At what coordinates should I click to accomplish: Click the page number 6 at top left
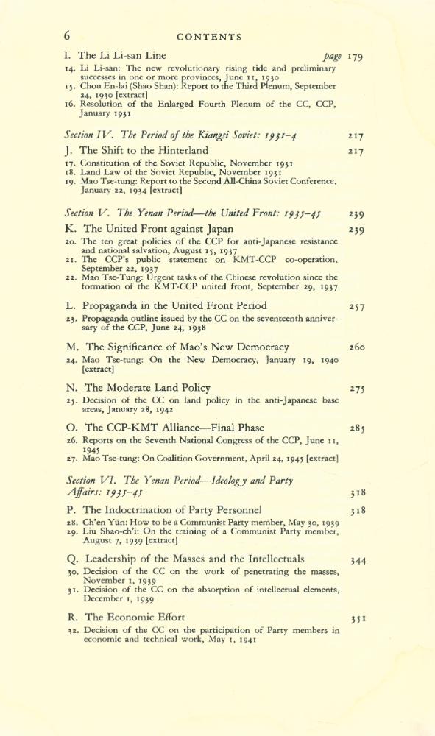(66, 35)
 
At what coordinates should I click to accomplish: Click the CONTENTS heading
(209, 36)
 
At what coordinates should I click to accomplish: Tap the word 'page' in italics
(332, 57)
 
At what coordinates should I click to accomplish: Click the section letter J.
(68, 151)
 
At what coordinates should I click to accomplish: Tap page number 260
(357, 347)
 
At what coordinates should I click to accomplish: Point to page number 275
(357, 389)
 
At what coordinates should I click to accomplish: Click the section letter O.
(69, 427)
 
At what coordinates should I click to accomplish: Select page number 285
(357, 428)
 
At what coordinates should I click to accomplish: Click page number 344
(357, 560)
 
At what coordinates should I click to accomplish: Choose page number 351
(357, 618)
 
